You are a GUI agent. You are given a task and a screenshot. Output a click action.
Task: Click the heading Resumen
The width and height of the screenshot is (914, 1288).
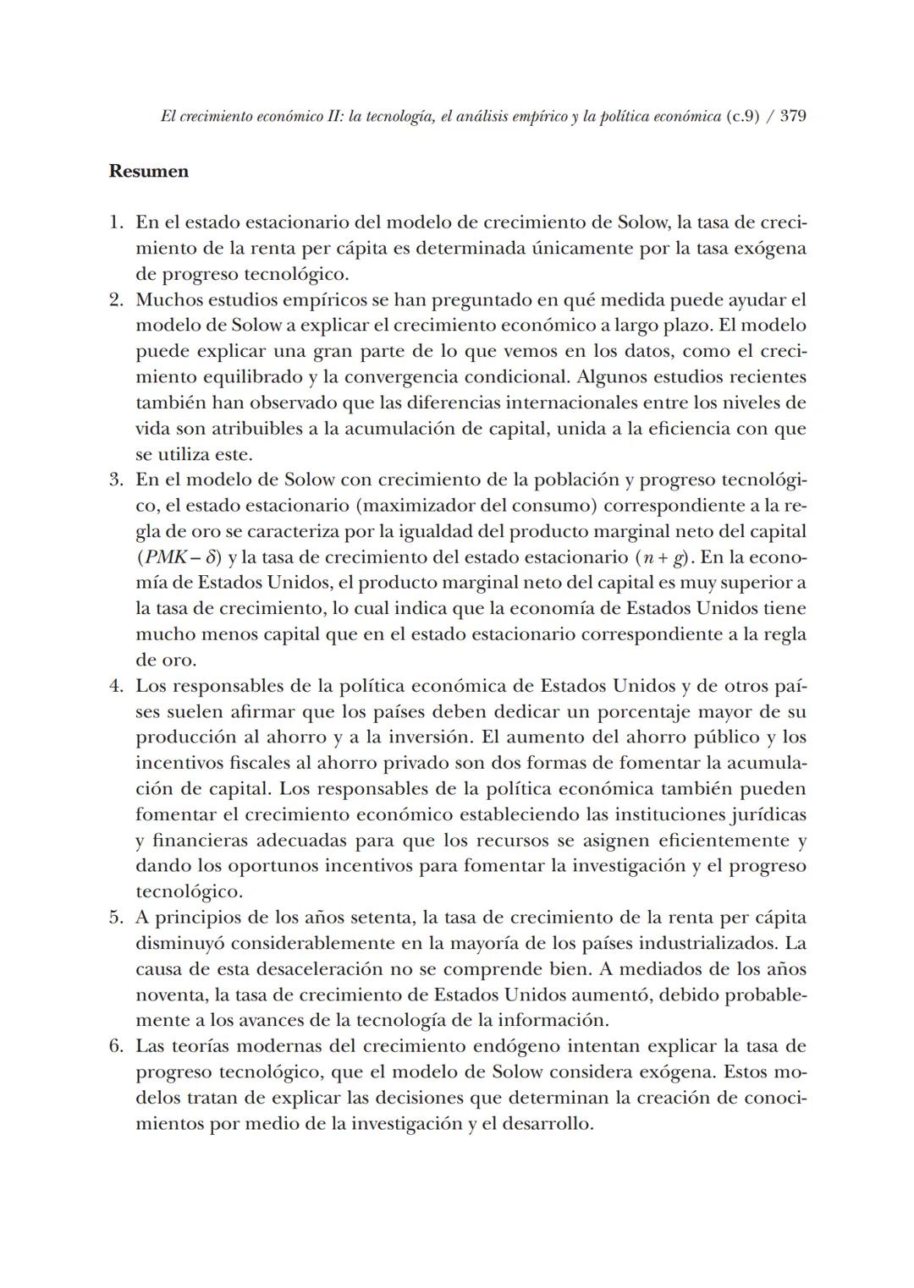[149, 172]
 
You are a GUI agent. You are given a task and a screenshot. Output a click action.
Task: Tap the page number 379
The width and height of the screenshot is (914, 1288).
[792, 117]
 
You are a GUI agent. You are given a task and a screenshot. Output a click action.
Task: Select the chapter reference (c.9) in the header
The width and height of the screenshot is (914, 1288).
[742, 117]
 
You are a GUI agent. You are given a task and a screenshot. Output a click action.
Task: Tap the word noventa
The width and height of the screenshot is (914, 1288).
[170, 995]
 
